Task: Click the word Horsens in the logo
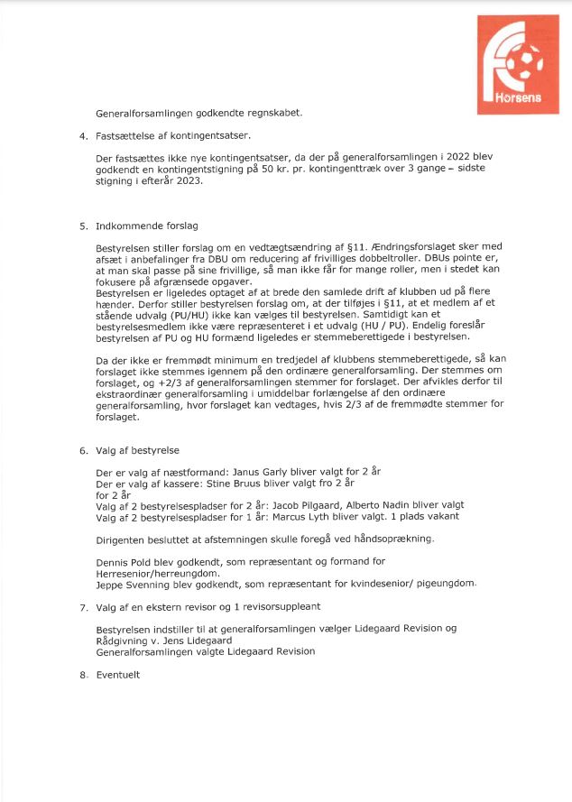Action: coord(519,97)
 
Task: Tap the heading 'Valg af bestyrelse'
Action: coord(134,449)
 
